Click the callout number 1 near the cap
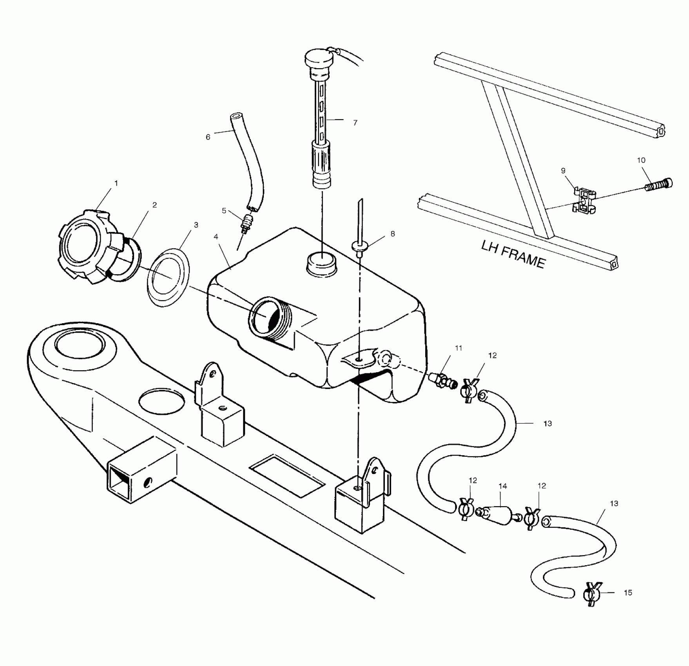(116, 183)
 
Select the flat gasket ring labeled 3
(168, 278)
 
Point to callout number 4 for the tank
(216, 237)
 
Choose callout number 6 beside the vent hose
(208, 137)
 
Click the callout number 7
(355, 123)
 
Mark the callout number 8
(392, 233)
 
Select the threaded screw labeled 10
(659, 185)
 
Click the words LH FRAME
(513, 255)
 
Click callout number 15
(628, 593)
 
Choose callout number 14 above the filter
(503, 486)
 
